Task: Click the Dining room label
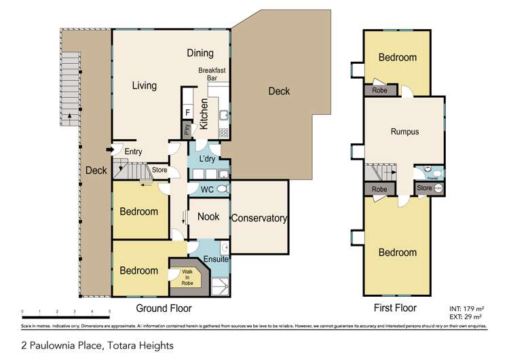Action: click(200, 53)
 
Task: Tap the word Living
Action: click(144, 86)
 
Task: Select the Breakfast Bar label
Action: click(211, 74)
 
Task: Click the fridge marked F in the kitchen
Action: click(187, 113)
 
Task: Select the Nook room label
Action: click(207, 217)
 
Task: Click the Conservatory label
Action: click(259, 219)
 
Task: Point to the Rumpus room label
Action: click(404, 132)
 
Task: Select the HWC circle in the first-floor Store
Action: click(438, 188)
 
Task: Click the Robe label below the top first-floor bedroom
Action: click(379, 90)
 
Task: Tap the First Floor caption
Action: click(396, 308)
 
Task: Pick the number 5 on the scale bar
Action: click(109, 312)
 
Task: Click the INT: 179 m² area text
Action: click(465, 308)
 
